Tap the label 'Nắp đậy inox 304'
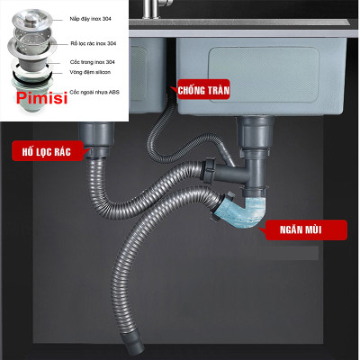pyautogui.click(x=93, y=18)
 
